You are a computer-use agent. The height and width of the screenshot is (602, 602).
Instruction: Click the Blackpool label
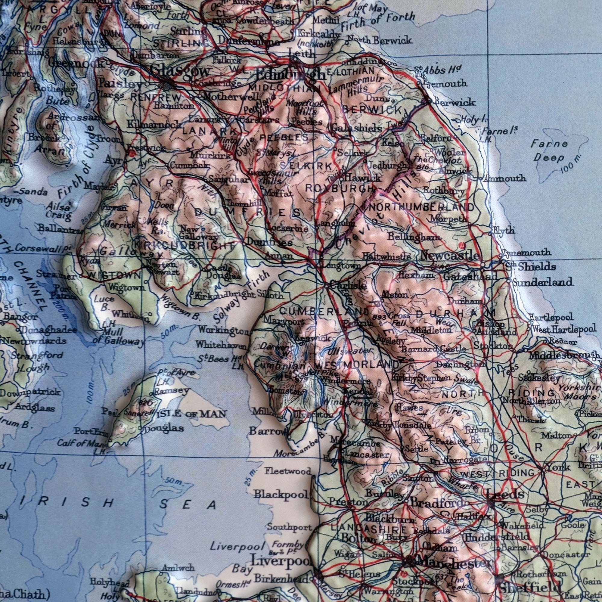tap(281, 494)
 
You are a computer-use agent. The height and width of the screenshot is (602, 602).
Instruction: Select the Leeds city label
tap(505, 494)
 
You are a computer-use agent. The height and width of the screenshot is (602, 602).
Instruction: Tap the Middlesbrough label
tap(564, 355)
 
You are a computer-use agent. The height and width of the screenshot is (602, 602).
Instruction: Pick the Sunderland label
tap(542, 282)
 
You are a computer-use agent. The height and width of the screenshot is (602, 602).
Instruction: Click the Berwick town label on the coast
tap(455, 102)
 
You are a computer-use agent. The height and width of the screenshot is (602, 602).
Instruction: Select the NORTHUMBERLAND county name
tap(421, 207)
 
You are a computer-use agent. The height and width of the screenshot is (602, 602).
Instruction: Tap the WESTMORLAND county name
tap(357, 364)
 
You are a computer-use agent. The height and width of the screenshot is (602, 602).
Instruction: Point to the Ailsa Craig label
tap(58, 210)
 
